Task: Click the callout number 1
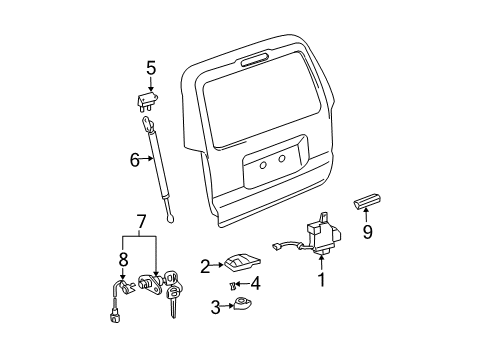tap(322, 282)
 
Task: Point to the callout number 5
tap(151, 69)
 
